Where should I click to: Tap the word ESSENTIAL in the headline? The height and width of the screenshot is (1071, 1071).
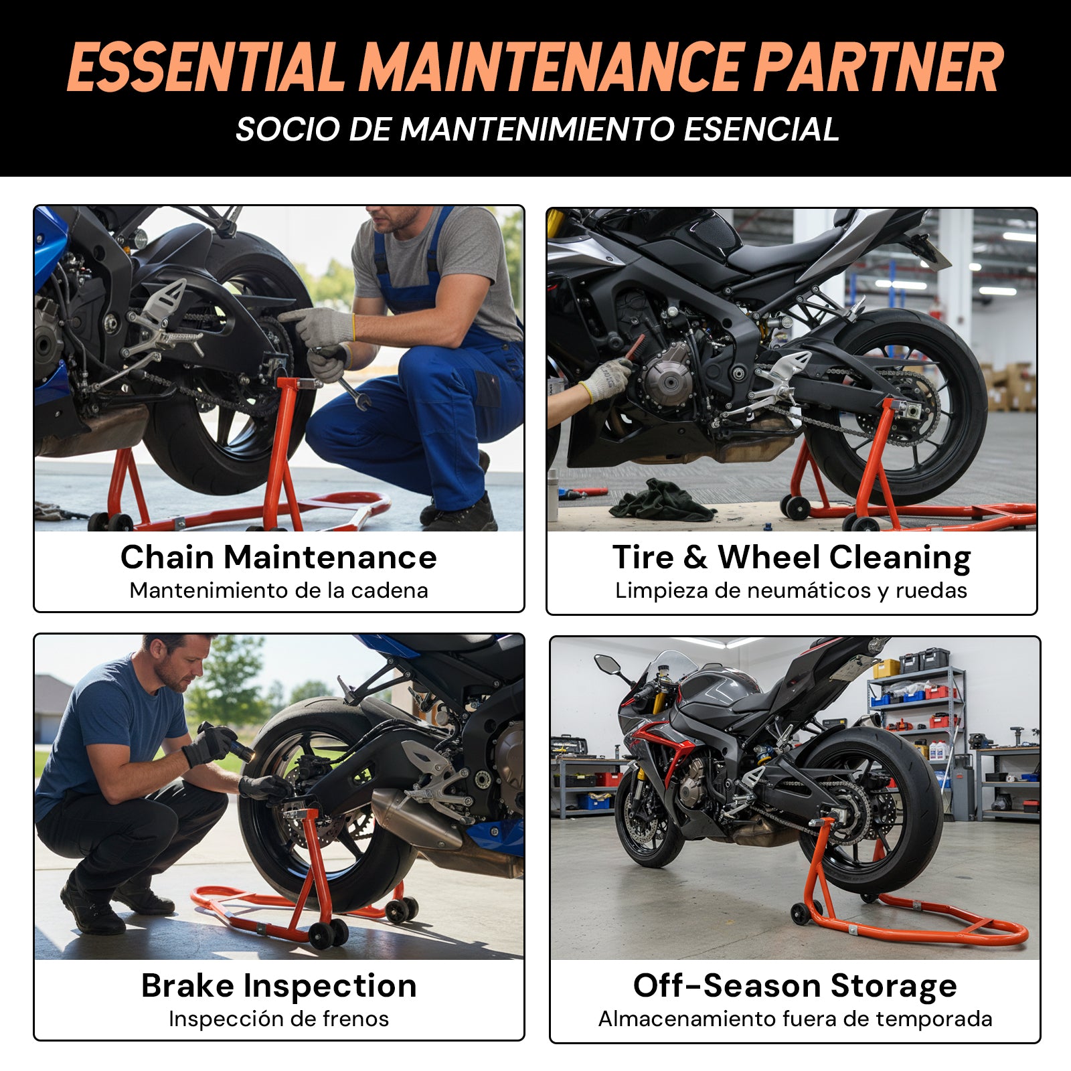point(205,67)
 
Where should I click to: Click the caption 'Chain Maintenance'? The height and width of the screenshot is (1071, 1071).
point(278,557)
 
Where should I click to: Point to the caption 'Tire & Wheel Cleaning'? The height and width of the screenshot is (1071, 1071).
point(791,558)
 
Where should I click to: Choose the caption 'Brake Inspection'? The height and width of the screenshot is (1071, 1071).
point(278,986)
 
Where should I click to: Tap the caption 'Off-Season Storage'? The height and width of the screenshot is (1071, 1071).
point(795,986)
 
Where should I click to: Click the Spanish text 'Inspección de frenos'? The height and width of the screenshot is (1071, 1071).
point(278,1019)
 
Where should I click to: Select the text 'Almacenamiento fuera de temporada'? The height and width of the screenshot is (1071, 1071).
point(795,1019)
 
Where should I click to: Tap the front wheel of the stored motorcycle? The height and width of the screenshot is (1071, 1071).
point(650,820)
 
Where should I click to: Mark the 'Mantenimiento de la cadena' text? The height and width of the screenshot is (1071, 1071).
point(278,590)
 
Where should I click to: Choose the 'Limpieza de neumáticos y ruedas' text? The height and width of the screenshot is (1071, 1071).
point(791,590)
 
